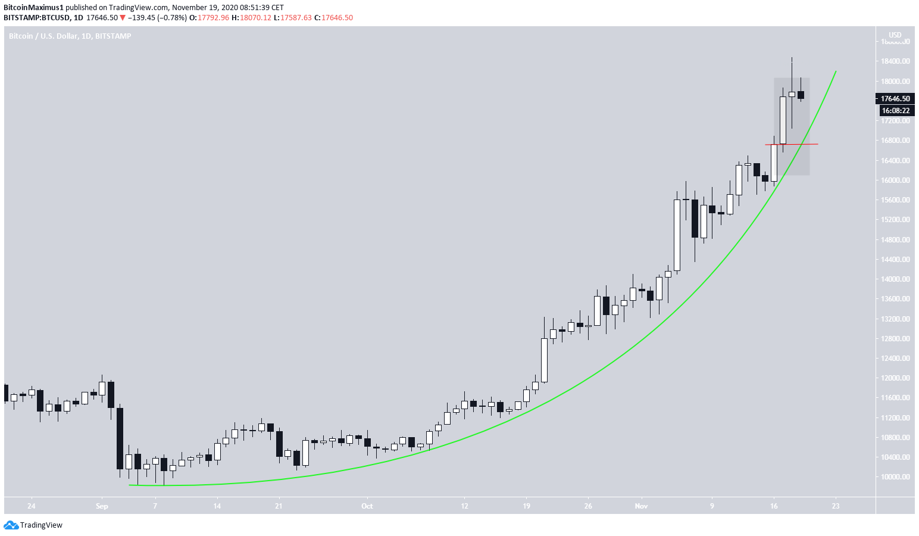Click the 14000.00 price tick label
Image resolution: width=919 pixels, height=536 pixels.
point(895,279)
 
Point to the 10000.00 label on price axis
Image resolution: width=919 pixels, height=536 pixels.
point(895,476)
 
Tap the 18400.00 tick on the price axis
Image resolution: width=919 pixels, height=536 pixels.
point(895,61)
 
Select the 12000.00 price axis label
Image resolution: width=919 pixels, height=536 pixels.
point(895,378)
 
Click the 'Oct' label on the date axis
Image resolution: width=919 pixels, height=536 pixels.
point(367,506)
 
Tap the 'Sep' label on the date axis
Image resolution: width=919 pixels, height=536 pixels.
point(102,506)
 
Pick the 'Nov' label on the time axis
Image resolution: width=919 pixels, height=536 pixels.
point(641,506)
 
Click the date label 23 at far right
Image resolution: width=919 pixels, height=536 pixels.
point(836,506)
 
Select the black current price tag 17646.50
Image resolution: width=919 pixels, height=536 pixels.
point(895,99)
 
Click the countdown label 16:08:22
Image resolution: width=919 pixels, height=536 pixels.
point(895,111)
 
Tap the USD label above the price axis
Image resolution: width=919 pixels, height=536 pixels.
point(895,35)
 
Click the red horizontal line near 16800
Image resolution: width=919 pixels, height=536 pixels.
point(798,144)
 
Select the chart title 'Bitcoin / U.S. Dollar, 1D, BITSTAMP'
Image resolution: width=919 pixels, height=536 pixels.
point(70,36)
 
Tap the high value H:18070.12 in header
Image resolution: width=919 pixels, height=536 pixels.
point(251,18)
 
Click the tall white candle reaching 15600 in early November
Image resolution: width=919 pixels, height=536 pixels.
point(677,235)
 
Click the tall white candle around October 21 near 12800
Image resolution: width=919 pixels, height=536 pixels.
point(544,360)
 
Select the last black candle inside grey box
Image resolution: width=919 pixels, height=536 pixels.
point(801,95)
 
